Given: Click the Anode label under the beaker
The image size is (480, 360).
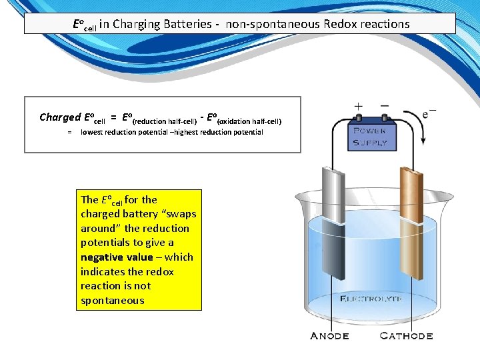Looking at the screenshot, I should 329,335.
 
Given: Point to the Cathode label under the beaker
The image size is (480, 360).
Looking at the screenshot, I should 406,335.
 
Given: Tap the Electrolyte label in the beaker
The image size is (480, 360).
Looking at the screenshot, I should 371,298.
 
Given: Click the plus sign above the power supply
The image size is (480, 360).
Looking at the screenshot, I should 358,107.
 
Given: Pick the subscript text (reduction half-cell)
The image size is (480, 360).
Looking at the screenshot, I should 164,121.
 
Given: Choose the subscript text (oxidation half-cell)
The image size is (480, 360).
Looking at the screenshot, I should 249,121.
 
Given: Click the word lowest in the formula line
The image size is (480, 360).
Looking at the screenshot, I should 93,132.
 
